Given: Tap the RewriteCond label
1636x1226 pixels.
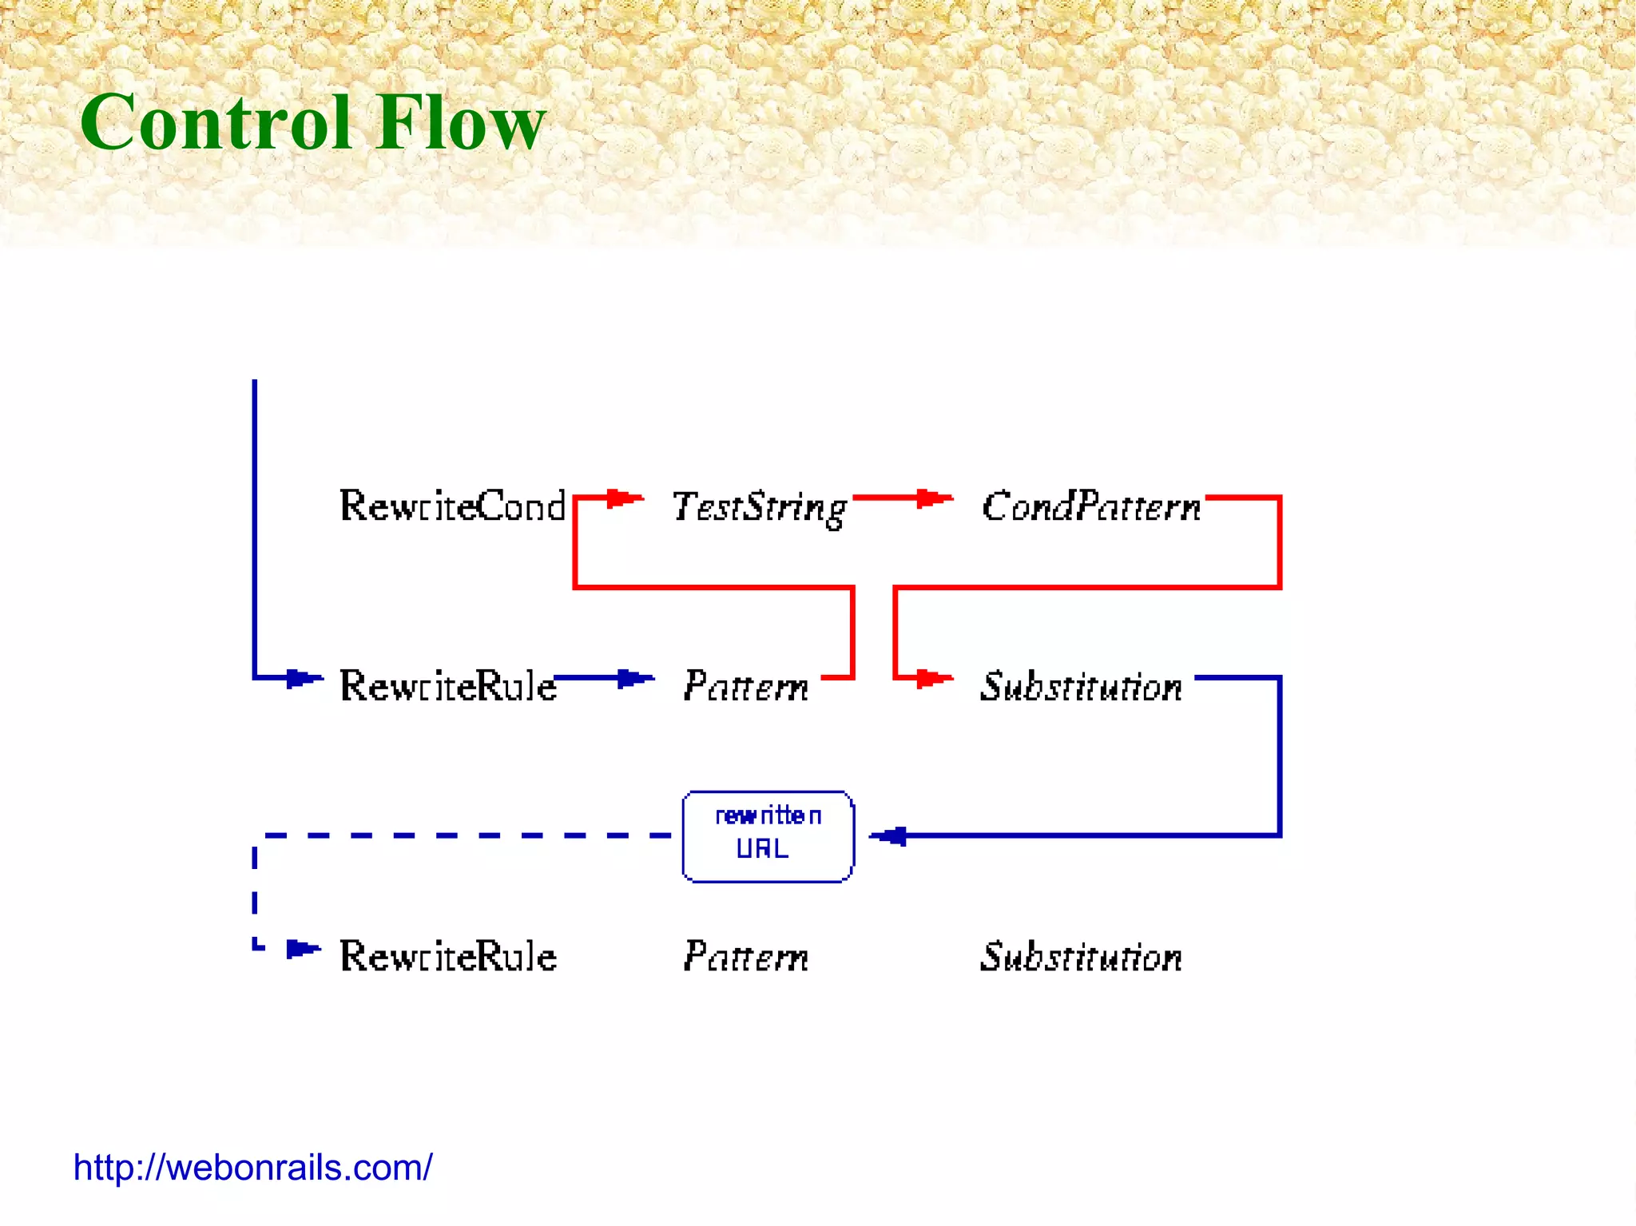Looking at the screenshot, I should tap(452, 506).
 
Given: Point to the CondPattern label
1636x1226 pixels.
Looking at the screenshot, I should tap(1091, 506).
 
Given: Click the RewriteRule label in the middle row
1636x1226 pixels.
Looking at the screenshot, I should tap(447, 686).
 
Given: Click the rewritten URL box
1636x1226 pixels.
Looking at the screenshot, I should tap(768, 836).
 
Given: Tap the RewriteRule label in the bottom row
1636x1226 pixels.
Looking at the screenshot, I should tap(447, 956).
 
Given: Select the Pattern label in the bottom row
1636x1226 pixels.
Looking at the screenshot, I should tap(746, 957).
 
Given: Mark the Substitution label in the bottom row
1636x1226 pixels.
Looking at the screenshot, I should tap(1081, 957).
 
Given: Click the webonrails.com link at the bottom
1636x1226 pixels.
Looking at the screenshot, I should tap(252, 1168).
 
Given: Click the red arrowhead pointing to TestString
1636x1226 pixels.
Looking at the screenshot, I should tap(621, 499).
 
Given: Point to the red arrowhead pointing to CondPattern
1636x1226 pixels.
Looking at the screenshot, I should tap(931, 499).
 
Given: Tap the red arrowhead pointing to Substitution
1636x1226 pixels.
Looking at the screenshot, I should tap(931, 679).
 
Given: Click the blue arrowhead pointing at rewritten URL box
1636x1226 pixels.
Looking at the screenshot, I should tap(891, 836).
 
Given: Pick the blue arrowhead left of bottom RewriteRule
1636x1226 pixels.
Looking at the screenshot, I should tap(301, 949).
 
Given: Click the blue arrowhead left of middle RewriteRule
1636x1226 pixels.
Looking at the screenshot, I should tap(301, 679).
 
